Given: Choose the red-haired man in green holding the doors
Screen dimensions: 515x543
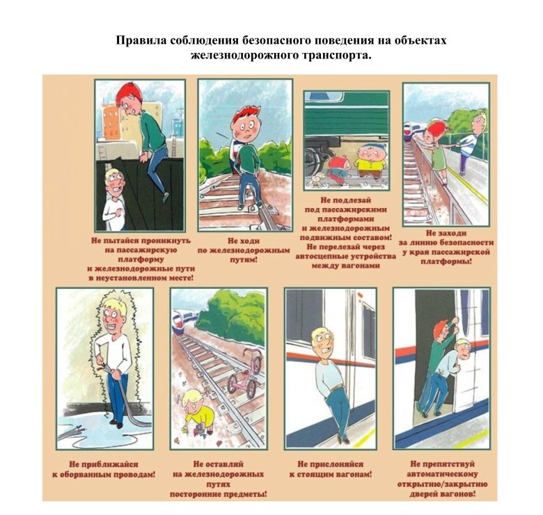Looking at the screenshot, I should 436,358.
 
